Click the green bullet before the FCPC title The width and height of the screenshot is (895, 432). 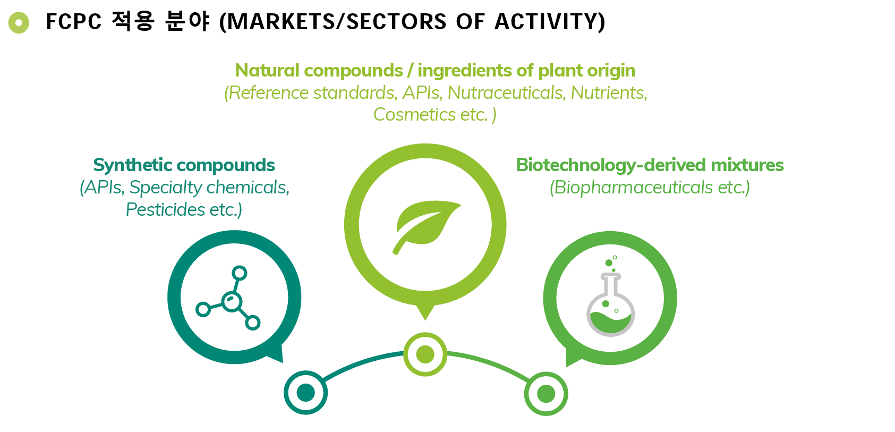pyautogui.click(x=19, y=22)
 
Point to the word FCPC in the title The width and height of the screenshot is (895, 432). pyautogui.click(x=73, y=22)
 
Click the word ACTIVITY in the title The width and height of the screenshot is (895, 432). pyautogui.click(x=550, y=22)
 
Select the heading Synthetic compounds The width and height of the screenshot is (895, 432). pyautogui.click(x=184, y=165)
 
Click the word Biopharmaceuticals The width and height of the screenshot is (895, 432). pyautogui.click(x=633, y=188)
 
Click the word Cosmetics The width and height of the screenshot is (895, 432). pyautogui.click(x=414, y=115)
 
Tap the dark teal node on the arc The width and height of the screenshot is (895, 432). pyautogui.click(x=305, y=393)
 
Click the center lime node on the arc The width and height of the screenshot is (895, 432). pyautogui.click(x=425, y=354)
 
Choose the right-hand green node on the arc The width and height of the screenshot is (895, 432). pyautogui.click(x=546, y=394)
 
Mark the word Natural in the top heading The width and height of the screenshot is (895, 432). pyautogui.click(x=267, y=70)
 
